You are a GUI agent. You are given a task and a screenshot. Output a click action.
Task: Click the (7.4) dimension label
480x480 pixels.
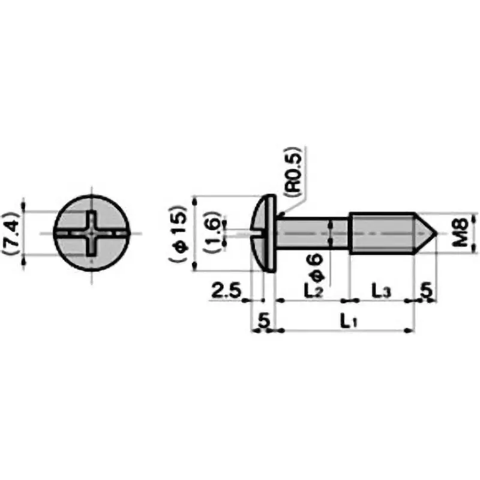click(x=13, y=233)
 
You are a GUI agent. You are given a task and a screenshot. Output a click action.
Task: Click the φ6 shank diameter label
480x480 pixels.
click(x=316, y=268)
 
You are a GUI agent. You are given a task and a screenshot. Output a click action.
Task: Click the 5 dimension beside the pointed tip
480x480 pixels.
click(x=427, y=290)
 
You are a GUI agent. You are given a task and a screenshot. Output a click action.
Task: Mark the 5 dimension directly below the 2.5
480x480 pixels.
click(x=262, y=321)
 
